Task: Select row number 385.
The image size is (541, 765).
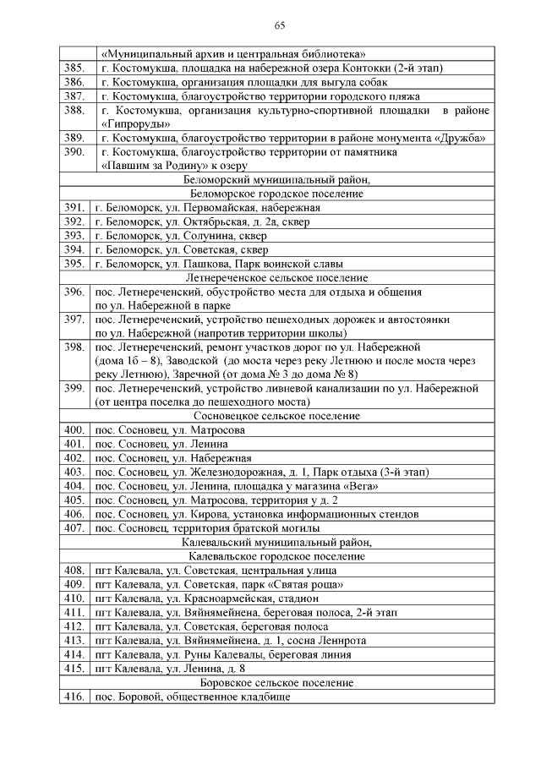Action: pos(74,68)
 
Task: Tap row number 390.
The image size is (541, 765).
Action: pos(74,152)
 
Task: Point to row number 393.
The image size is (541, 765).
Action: pos(74,235)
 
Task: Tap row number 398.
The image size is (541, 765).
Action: pos(74,347)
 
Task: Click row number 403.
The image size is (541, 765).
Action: pos(74,472)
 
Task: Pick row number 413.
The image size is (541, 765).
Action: pos(74,640)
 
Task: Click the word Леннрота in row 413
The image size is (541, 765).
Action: pos(343,640)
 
